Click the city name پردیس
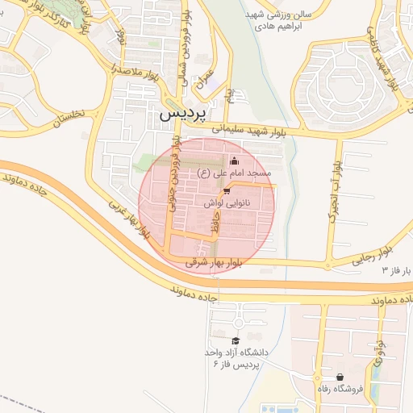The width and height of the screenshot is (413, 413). (x=183, y=114)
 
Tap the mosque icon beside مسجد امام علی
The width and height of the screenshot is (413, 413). (x=235, y=161)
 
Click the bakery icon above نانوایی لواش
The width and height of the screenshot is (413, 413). (x=227, y=191)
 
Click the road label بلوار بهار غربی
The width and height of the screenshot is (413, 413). (x=127, y=219)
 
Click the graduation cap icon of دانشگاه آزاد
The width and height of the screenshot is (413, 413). (x=235, y=340)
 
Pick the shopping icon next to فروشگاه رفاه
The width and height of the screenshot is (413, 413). (x=340, y=377)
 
